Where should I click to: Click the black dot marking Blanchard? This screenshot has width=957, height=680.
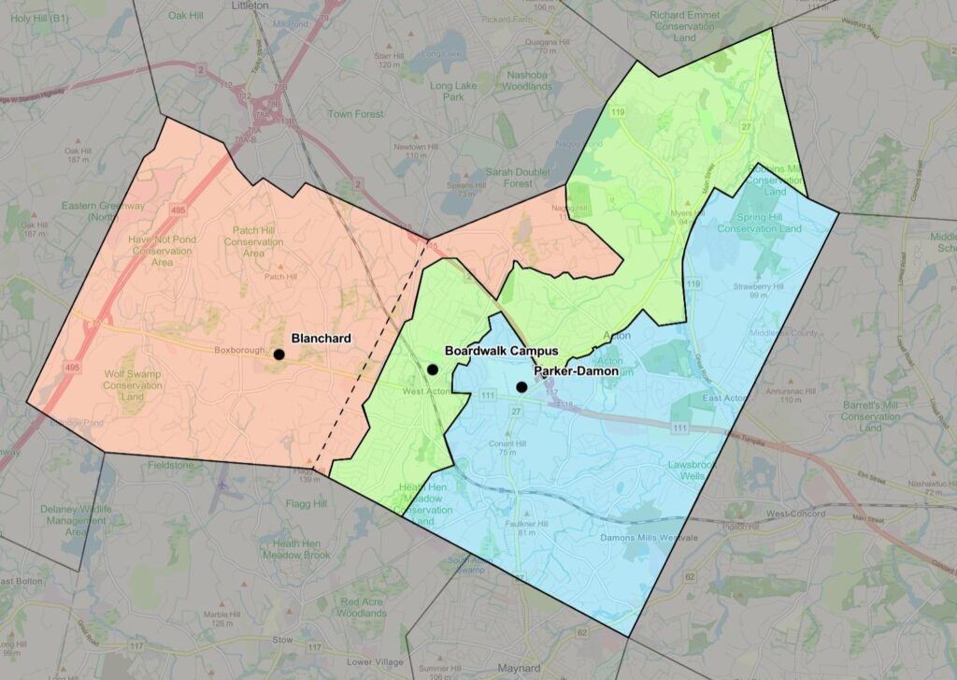tap(279, 354)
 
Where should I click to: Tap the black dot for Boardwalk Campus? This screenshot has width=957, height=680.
tap(433, 369)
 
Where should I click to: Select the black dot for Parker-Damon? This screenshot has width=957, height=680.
tap(521, 387)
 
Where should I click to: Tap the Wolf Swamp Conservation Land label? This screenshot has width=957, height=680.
tap(133, 385)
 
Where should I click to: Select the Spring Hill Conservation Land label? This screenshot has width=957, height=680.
tap(759, 223)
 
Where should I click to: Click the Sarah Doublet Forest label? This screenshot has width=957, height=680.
tap(521, 178)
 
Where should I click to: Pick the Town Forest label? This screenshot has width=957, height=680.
tap(355, 114)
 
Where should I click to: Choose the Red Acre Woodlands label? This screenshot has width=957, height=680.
tap(363, 607)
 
